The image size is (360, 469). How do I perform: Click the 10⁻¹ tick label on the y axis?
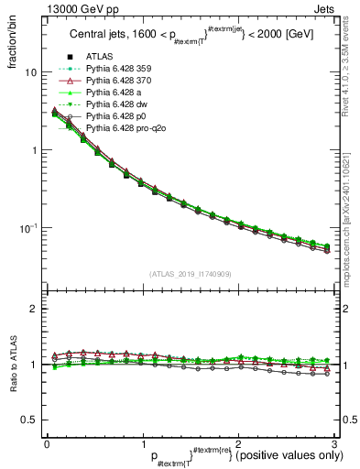tap(29, 227)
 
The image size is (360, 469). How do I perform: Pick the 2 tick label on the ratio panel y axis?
tap(34, 310)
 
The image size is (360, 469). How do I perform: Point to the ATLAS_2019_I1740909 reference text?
tap(191, 274)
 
